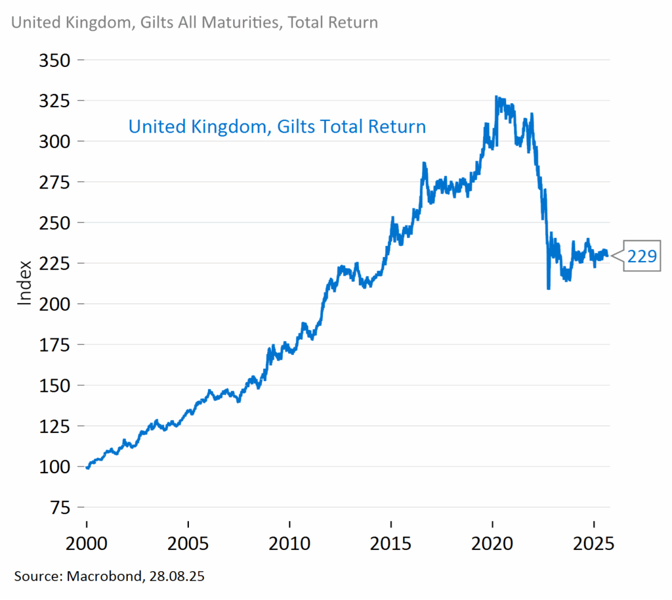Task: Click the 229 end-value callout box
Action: pos(642,256)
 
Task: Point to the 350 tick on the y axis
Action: pos(56,60)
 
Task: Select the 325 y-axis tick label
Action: pos(56,101)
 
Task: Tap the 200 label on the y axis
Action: pos(56,304)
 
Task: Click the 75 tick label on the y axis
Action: pos(61,507)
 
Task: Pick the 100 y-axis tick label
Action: pos(56,467)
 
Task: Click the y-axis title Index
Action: pos(25,283)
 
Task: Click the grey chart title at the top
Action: pos(195,22)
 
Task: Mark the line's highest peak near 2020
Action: pos(496,97)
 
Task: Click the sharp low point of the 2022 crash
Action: pos(548,288)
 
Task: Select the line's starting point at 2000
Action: pos(87,467)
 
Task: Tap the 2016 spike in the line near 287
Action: pos(424,163)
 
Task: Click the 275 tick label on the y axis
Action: pos(56,182)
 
